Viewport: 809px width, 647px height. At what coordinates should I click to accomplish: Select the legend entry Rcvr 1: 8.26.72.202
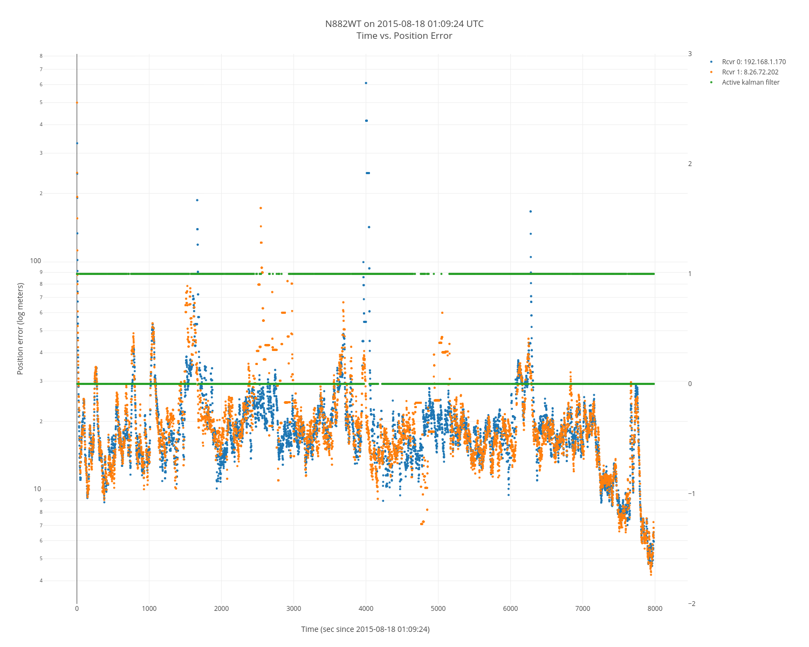pyautogui.click(x=750, y=72)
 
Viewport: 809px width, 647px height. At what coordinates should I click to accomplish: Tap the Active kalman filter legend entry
pyautogui.click(x=750, y=82)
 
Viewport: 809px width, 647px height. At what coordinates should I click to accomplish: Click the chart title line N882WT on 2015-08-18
pyautogui.click(x=404, y=24)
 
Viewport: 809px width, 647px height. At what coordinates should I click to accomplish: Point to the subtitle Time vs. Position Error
pyautogui.click(x=404, y=36)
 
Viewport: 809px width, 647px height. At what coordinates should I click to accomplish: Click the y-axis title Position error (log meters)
pyautogui.click(x=20, y=328)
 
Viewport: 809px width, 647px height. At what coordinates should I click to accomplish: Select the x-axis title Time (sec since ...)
pyautogui.click(x=365, y=629)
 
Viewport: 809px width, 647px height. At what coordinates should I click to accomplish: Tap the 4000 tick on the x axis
pyautogui.click(x=366, y=609)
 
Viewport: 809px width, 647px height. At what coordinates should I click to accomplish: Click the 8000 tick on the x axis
pyautogui.click(x=655, y=609)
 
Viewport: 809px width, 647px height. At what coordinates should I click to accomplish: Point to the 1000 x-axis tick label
pyautogui.click(x=149, y=609)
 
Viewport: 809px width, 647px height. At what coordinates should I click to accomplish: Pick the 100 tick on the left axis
pyautogui.click(x=36, y=261)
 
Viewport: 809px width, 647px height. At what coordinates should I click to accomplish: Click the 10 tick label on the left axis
pyautogui.click(x=37, y=489)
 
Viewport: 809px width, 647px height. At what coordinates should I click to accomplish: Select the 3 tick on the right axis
pyautogui.click(x=690, y=54)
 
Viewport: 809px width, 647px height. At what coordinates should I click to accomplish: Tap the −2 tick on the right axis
pyautogui.click(x=691, y=604)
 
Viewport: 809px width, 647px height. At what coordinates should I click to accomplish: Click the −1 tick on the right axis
pyautogui.click(x=691, y=494)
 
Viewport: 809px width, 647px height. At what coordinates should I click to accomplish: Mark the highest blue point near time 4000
pyautogui.click(x=366, y=83)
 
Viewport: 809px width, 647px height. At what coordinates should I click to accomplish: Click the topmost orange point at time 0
pyautogui.click(x=77, y=102)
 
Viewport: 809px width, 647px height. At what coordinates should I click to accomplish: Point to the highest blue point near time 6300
pyautogui.click(x=530, y=211)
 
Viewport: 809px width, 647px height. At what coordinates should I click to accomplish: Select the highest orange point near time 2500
pyautogui.click(x=260, y=208)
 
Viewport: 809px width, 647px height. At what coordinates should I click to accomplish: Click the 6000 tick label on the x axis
pyautogui.click(x=510, y=609)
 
